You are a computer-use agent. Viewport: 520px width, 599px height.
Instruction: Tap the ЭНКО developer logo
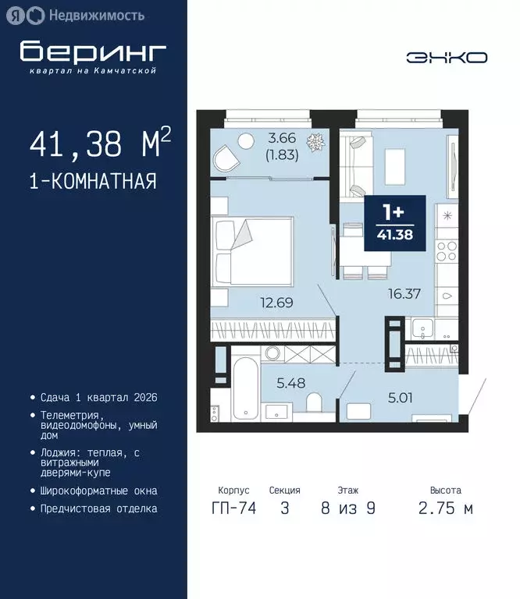(446, 58)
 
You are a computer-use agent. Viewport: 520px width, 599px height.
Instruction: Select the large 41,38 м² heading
(99, 145)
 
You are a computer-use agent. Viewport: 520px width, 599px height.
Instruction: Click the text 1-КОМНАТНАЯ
(93, 182)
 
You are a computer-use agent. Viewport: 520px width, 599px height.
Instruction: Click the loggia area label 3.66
(282, 139)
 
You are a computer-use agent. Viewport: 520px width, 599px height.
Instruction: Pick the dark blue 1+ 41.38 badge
(394, 224)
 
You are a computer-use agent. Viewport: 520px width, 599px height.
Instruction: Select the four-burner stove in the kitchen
(447, 251)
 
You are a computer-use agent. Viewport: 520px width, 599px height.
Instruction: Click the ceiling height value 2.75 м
(446, 509)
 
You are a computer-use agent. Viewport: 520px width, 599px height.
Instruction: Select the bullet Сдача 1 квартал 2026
(98, 397)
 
